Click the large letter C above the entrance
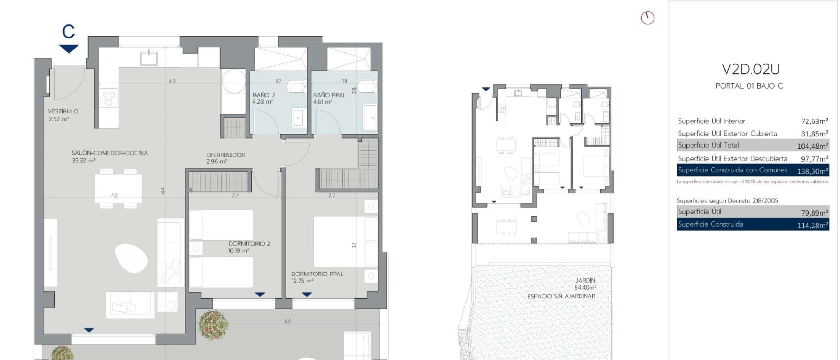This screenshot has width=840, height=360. coord(69,32)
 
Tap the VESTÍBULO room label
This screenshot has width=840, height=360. coord(63,111)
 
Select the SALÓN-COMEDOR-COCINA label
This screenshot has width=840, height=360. coord(110,153)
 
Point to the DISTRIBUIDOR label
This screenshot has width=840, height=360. coord(226,155)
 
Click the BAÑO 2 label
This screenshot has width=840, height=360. coord(264,95)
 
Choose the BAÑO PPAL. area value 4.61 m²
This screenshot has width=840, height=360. coord(323,102)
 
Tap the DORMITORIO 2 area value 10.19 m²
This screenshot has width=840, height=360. coord(239,251)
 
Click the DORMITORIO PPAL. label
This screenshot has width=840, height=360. coord(318,274)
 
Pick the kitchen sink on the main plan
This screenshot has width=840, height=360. coord(149,58)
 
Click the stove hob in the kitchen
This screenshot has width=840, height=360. coord(108,98)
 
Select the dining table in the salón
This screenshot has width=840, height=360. coord(118,189)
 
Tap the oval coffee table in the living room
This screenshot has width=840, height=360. coord(131,259)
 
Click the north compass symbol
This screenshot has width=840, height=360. coord(647,18)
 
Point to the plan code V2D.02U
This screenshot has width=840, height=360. coord(751,69)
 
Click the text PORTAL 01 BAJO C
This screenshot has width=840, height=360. coord(749,86)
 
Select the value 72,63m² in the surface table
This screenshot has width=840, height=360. coord(814,121)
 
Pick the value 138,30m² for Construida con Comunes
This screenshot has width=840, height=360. coord(813,171)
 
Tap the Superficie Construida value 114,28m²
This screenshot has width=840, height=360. coord(813,225)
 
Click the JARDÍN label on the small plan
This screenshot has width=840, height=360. coord(585,281)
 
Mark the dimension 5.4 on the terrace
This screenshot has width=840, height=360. coord(287,321)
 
